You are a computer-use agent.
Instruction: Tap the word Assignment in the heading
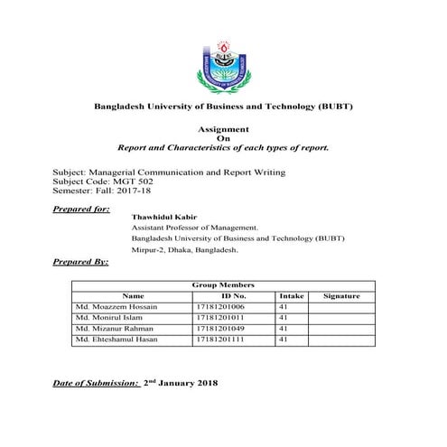click(x=223, y=129)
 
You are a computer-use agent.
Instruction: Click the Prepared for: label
click(x=82, y=209)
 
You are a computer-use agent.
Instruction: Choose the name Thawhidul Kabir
click(x=163, y=219)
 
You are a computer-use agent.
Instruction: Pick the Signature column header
click(x=341, y=296)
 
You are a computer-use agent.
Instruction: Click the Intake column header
click(x=292, y=296)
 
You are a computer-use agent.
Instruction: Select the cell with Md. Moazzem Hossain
click(x=116, y=307)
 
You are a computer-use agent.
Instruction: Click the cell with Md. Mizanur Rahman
click(x=116, y=329)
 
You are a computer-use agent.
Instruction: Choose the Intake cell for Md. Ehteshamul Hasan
click(x=284, y=340)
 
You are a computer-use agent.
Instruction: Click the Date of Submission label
click(x=96, y=384)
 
